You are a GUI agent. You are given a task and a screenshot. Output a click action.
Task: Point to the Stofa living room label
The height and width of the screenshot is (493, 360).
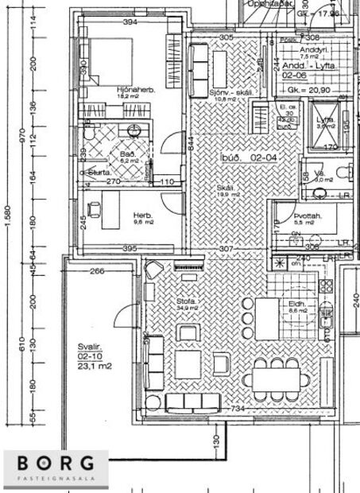(x=185, y=302)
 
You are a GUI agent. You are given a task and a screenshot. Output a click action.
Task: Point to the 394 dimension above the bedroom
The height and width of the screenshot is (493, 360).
(x=130, y=22)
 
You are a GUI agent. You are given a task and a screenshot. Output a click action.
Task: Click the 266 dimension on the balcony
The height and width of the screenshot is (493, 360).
(x=97, y=271)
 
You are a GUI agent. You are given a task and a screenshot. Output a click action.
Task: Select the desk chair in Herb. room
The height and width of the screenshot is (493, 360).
(x=92, y=210)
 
